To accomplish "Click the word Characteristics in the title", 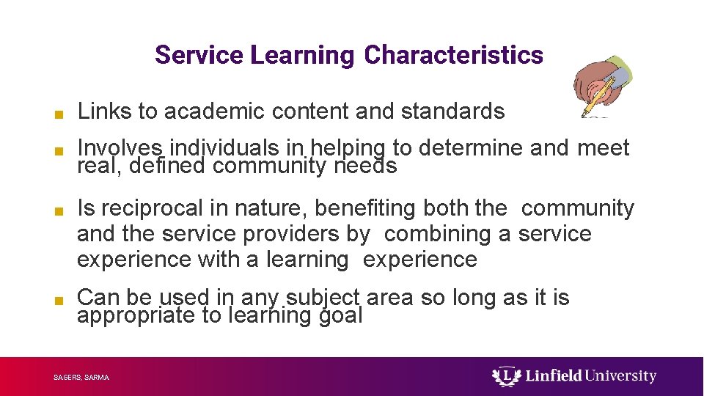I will (453, 55).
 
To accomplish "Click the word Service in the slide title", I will (199, 55).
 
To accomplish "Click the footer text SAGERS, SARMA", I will (81, 378).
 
